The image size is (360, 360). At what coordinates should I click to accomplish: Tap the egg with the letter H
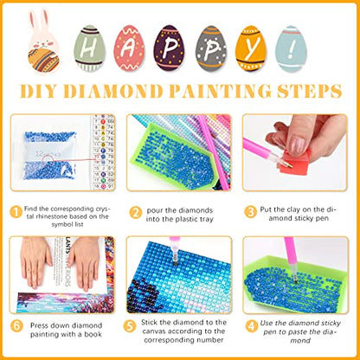(x=87, y=48)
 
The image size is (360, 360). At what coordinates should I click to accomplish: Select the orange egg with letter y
(x=249, y=48)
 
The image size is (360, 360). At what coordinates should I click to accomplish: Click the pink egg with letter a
(x=128, y=48)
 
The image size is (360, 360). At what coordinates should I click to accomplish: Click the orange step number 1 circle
(x=16, y=209)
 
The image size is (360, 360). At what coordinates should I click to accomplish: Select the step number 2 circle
(x=136, y=209)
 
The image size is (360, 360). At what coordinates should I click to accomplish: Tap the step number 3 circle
(x=250, y=209)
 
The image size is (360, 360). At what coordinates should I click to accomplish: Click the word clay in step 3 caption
(x=295, y=209)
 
